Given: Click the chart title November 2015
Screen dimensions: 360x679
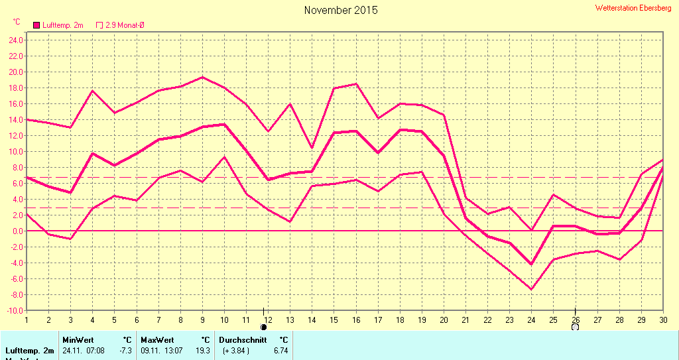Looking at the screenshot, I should pyautogui.click(x=341, y=10).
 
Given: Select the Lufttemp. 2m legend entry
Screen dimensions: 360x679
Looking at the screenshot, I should pyautogui.click(x=58, y=25).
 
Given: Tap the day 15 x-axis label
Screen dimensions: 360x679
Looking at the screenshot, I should pyautogui.click(x=334, y=320).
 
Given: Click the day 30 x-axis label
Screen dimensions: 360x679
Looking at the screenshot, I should pyautogui.click(x=662, y=320).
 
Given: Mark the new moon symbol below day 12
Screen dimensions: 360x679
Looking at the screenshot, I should pyautogui.click(x=264, y=327).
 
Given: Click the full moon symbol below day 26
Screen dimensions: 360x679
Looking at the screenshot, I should pyautogui.click(x=575, y=327).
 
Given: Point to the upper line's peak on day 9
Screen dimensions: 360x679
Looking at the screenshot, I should pyautogui.click(x=203, y=77).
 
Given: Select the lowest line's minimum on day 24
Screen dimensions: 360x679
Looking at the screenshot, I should pyautogui.click(x=531, y=289).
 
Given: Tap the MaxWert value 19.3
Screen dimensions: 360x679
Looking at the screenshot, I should pyautogui.click(x=203, y=350).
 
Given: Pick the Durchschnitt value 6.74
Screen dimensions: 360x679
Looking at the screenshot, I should pyautogui.click(x=281, y=350).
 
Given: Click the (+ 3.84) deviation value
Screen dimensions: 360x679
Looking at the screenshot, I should pyautogui.click(x=236, y=350).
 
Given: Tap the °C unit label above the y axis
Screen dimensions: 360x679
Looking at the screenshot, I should pyautogui.click(x=17, y=22).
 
